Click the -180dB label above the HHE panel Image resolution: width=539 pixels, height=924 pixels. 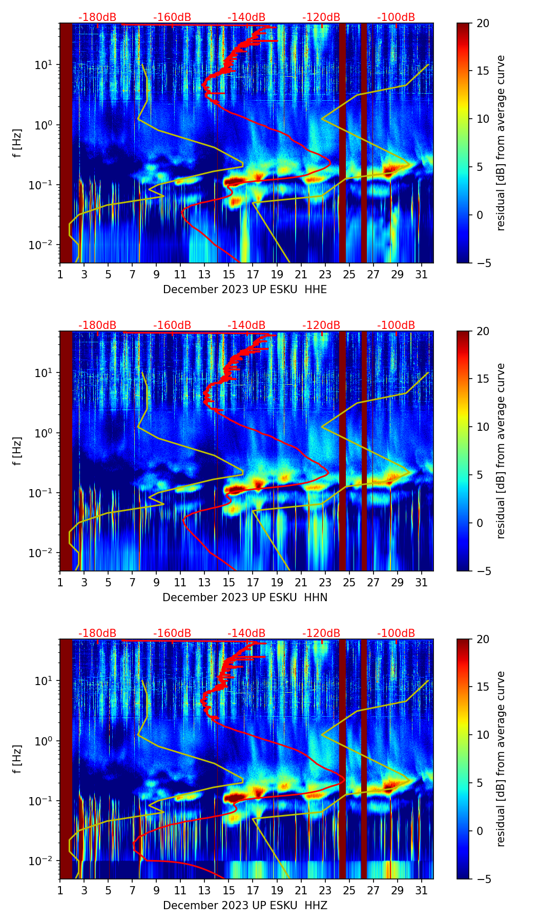pos(97,17)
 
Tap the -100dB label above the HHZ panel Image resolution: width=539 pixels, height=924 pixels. pos(396,633)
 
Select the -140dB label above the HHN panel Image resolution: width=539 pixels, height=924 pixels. pos(246,325)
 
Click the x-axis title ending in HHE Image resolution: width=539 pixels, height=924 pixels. pos(245,290)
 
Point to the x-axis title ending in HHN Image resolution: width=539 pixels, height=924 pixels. pos(245,598)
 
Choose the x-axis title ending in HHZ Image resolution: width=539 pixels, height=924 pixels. pos(245,906)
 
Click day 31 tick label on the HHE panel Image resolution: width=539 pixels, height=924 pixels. pos(421,275)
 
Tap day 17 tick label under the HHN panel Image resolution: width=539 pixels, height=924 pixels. pos(253,583)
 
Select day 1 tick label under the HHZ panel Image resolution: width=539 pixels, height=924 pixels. pos(60,891)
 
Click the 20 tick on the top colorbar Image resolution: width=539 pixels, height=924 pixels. pos(483,23)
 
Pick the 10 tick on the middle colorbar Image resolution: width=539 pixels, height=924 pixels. pos(483,427)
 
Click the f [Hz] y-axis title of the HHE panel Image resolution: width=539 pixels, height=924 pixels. pos(17,143)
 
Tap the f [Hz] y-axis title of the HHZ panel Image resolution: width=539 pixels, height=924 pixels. pos(17,759)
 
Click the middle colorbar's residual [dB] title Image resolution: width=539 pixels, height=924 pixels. pos(501,451)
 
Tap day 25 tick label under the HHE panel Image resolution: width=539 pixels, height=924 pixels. pos(349,275)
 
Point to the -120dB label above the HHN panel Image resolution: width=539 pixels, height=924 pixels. pos(321,325)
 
